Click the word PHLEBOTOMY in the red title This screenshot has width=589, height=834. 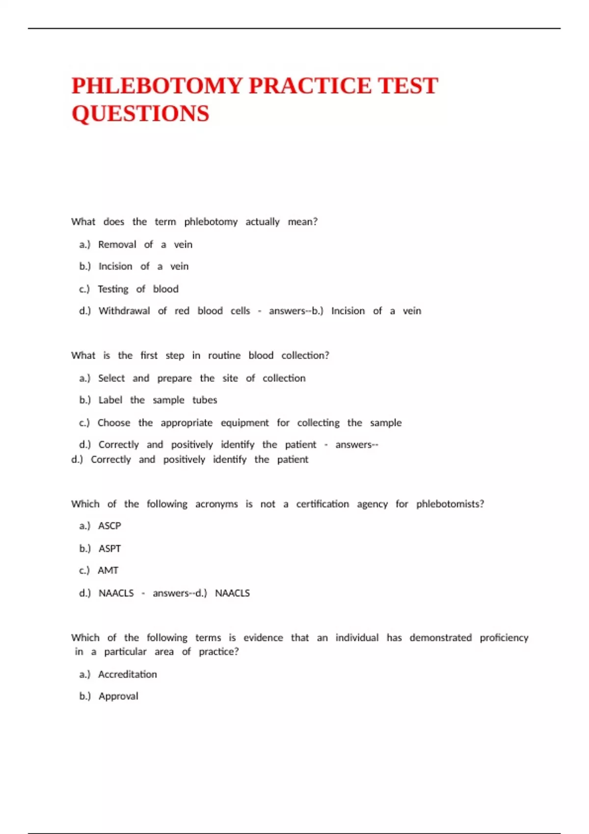click(x=157, y=86)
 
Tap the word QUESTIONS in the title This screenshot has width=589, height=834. click(x=140, y=114)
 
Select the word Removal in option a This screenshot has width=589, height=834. click(x=117, y=244)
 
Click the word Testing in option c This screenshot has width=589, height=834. click(x=113, y=289)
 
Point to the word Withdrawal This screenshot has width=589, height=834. click(x=124, y=311)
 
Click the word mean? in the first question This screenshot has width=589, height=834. click(x=302, y=222)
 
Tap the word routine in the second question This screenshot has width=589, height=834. click(x=224, y=355)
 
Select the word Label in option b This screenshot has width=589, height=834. click(x=110, y=400)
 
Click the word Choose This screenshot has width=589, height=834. click(x=114, y=422)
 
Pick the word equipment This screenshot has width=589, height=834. click(x=244, y=422)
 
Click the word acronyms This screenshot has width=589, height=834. click(x=216, y=504)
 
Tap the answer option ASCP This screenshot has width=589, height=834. click(x=109, y=526)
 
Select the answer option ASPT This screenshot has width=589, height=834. click(x=109, y=548)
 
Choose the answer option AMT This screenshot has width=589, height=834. click(x=108, y=571)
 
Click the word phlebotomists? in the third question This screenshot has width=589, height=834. click(x=450, y=504)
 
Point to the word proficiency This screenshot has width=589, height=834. click(x=504, y=638)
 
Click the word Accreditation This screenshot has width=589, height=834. click(x=128, y=675)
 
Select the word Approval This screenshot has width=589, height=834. click(x=118, y=696)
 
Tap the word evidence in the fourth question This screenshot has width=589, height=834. click(x=263, y=638)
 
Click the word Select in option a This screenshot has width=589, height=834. click(x=111, y=378)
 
